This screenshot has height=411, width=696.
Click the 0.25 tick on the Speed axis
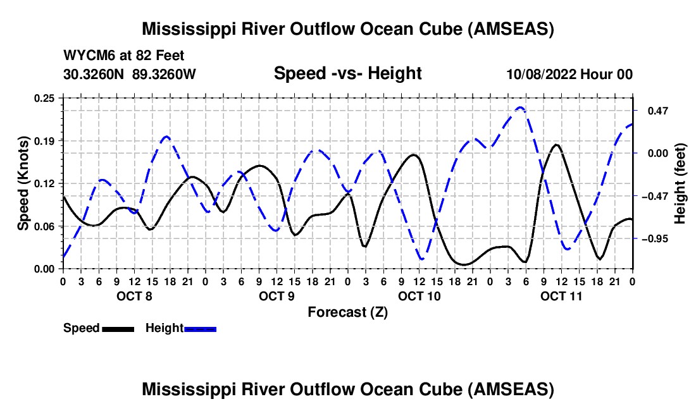click(44, 98)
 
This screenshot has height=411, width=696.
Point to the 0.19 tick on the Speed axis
click(44, 141)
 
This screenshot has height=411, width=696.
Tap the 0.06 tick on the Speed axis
click(44, 226)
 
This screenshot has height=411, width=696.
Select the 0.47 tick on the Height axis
click(658, 111)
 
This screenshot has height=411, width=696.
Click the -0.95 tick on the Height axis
click(655, 239)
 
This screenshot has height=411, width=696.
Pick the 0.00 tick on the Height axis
click(658, 154)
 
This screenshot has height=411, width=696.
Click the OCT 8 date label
click(134, 296)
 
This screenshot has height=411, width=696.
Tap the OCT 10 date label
click(419, 296)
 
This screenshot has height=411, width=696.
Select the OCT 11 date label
click(561, 296)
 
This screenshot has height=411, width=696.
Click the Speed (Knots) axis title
click(23, 183)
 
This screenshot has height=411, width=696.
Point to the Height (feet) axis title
click(680, 183)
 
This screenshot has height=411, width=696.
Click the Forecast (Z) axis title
click(347, 312)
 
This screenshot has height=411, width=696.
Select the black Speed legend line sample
click(118, 329)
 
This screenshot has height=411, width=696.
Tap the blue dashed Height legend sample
click(200, 329)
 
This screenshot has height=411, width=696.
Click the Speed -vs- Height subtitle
click(347, 73)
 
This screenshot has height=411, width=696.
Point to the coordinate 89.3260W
click(164, 74)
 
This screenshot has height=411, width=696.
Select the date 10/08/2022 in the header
click(541, 74)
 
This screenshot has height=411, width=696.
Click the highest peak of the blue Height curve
click(521, 107)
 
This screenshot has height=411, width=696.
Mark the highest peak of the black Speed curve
click(556, 145)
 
